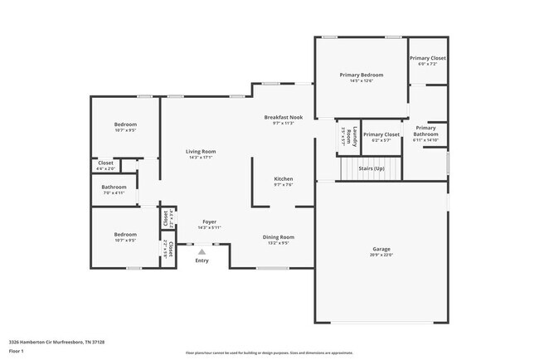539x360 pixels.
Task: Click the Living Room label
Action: tap(201, 151)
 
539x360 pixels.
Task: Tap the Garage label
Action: tap(381, 249)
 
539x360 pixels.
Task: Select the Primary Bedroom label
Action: tap(361, 75)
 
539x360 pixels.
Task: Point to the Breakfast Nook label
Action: tap(284, 117)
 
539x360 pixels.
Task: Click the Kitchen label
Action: tap(284, 178)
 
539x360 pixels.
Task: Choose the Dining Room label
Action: tap(279, 237)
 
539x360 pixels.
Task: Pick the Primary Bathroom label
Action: tap(425, 131)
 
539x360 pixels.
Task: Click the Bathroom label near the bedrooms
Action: tap(114, 187)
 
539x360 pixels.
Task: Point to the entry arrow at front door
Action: tap(202, 251)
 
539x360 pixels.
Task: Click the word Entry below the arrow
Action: tap(202, 261)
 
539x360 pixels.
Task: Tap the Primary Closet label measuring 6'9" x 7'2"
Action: tap(428, 58)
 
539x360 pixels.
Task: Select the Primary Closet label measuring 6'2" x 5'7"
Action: tap(381, 134)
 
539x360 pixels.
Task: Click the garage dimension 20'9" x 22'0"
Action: tap(381, 255)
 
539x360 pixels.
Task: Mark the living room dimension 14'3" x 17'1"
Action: tap(201, 157)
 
